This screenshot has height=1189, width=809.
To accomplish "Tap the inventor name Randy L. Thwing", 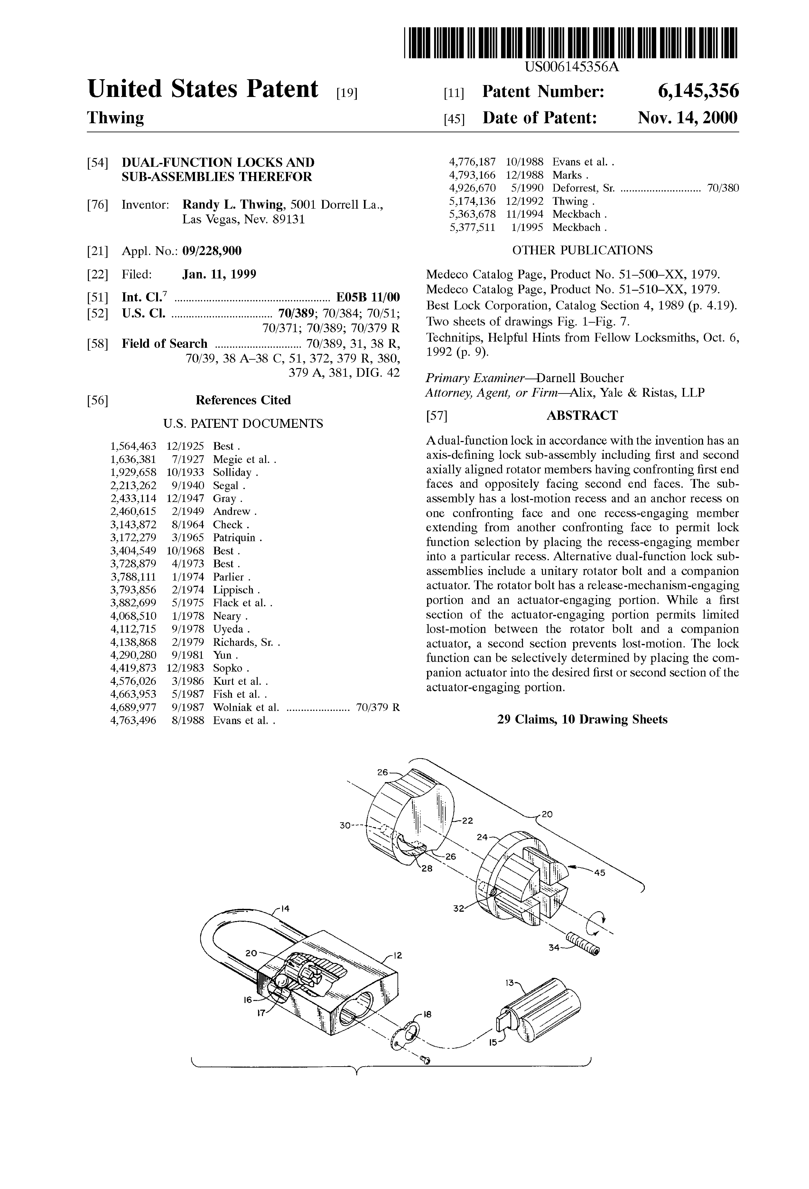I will point(233,205).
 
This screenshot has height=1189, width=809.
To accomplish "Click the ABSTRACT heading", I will point(582,415).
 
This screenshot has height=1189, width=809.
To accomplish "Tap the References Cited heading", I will point(243,400).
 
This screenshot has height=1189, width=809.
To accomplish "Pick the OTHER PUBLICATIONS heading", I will point(582,250).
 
